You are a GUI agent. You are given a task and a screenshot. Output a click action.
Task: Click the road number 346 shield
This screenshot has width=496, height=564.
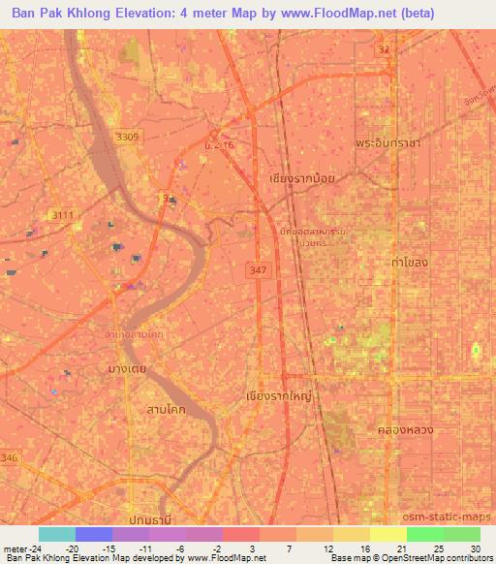point(10,454)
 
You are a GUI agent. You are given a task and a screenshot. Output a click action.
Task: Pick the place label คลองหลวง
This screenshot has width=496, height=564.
point(404,427)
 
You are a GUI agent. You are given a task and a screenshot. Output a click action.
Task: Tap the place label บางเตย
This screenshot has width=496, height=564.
point(127,369)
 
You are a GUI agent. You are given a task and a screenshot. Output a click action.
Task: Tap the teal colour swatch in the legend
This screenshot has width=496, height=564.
point(56,534)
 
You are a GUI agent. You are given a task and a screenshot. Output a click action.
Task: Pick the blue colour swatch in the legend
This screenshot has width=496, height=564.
point(93,534)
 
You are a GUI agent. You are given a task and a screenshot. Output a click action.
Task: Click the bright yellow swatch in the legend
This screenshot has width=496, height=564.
point(388,534)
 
